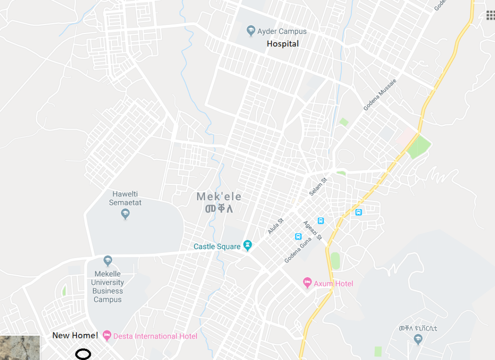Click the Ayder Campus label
[x=282, y=31]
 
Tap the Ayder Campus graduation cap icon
[x=251, y=31]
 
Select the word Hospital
[x=283, y=44]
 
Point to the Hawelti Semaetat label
[x=126, y=198]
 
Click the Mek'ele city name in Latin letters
[x=219, y=197]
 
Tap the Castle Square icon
[x=247, y=246]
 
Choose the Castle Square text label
[x=217, y=247]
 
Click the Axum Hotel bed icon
[x=307, y=283]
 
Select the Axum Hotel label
[x=333, y=283]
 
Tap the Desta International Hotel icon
[x=107, y=335]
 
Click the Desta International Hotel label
[x=155, y=336]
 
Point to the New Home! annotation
[x=75, y=335]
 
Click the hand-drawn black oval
[x=83, y=354]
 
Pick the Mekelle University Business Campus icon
[x=108, y=261]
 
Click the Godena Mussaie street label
[x=380, y=94]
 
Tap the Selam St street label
[x=318, y=186]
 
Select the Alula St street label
[x=276, y=226]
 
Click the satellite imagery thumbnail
[x=20, y=348]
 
